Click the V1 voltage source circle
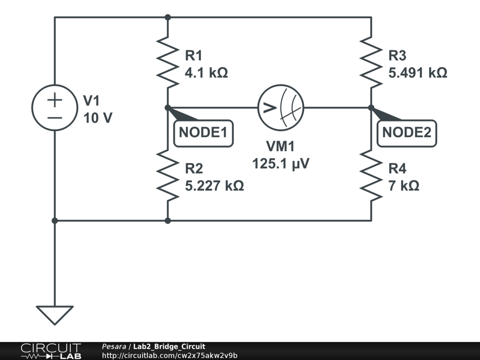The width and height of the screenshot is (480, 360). pyautogui.click(x=55, y=108)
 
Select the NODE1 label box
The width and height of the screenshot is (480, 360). pyautogui.click(x=203, y=133)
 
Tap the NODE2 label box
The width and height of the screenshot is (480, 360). pyautogui.click(x=406, y=133)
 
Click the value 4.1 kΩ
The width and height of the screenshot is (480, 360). pyautogui.click(x=206, y=73)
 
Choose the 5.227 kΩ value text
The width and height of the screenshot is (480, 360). pyautogui.click(x=214, y=186)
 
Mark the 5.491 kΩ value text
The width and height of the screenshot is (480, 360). pyautogui.click(x=418, y=73)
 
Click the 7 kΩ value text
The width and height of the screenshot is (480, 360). pyautogui.click(x=404, y=186)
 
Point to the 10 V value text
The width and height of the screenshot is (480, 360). pyautogui.click(x=97, y=118)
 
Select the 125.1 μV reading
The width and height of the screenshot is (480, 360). pyautogui.click(x=281, y=164)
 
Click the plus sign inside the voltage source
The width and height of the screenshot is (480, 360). pyautogui.click(x=55, y=99)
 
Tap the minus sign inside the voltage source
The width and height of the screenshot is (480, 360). pyautogui.click(x=55, y=116)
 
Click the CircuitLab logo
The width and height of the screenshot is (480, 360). pyautogui.click(x=51, y=351)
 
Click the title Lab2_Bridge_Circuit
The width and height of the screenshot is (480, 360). pyautogui.click(x=169, y=347)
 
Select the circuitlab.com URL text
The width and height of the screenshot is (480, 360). pyautogui.click(x=170, y=356)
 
